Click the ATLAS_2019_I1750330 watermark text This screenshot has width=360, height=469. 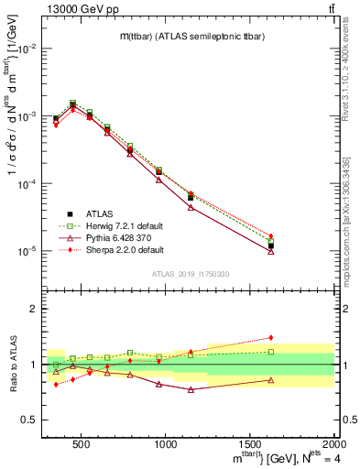(x=190, y=274)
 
